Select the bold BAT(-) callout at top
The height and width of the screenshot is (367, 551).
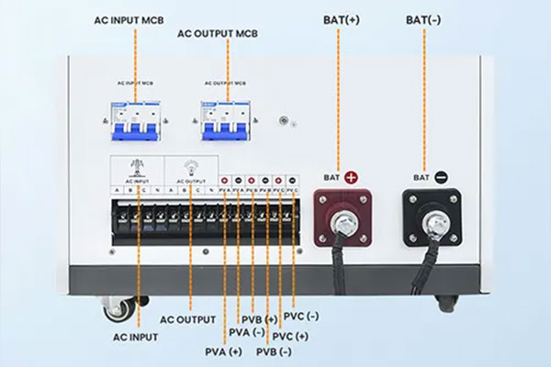click(423, 18)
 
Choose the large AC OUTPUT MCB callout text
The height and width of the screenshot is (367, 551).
click(219, 34)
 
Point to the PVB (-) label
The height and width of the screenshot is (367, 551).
click(275, 352)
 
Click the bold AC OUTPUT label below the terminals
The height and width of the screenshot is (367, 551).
click(187, 319)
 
